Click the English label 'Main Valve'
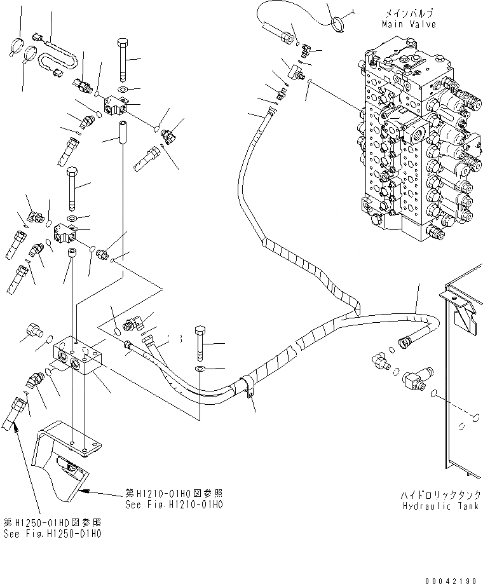point(409,24)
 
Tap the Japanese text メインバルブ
point(409,13)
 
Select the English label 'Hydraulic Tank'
point(442,506)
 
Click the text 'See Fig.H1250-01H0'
point(51,533)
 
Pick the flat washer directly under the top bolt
point(123,88)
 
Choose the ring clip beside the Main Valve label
point(339,25)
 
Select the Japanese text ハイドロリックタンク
point(442,494)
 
